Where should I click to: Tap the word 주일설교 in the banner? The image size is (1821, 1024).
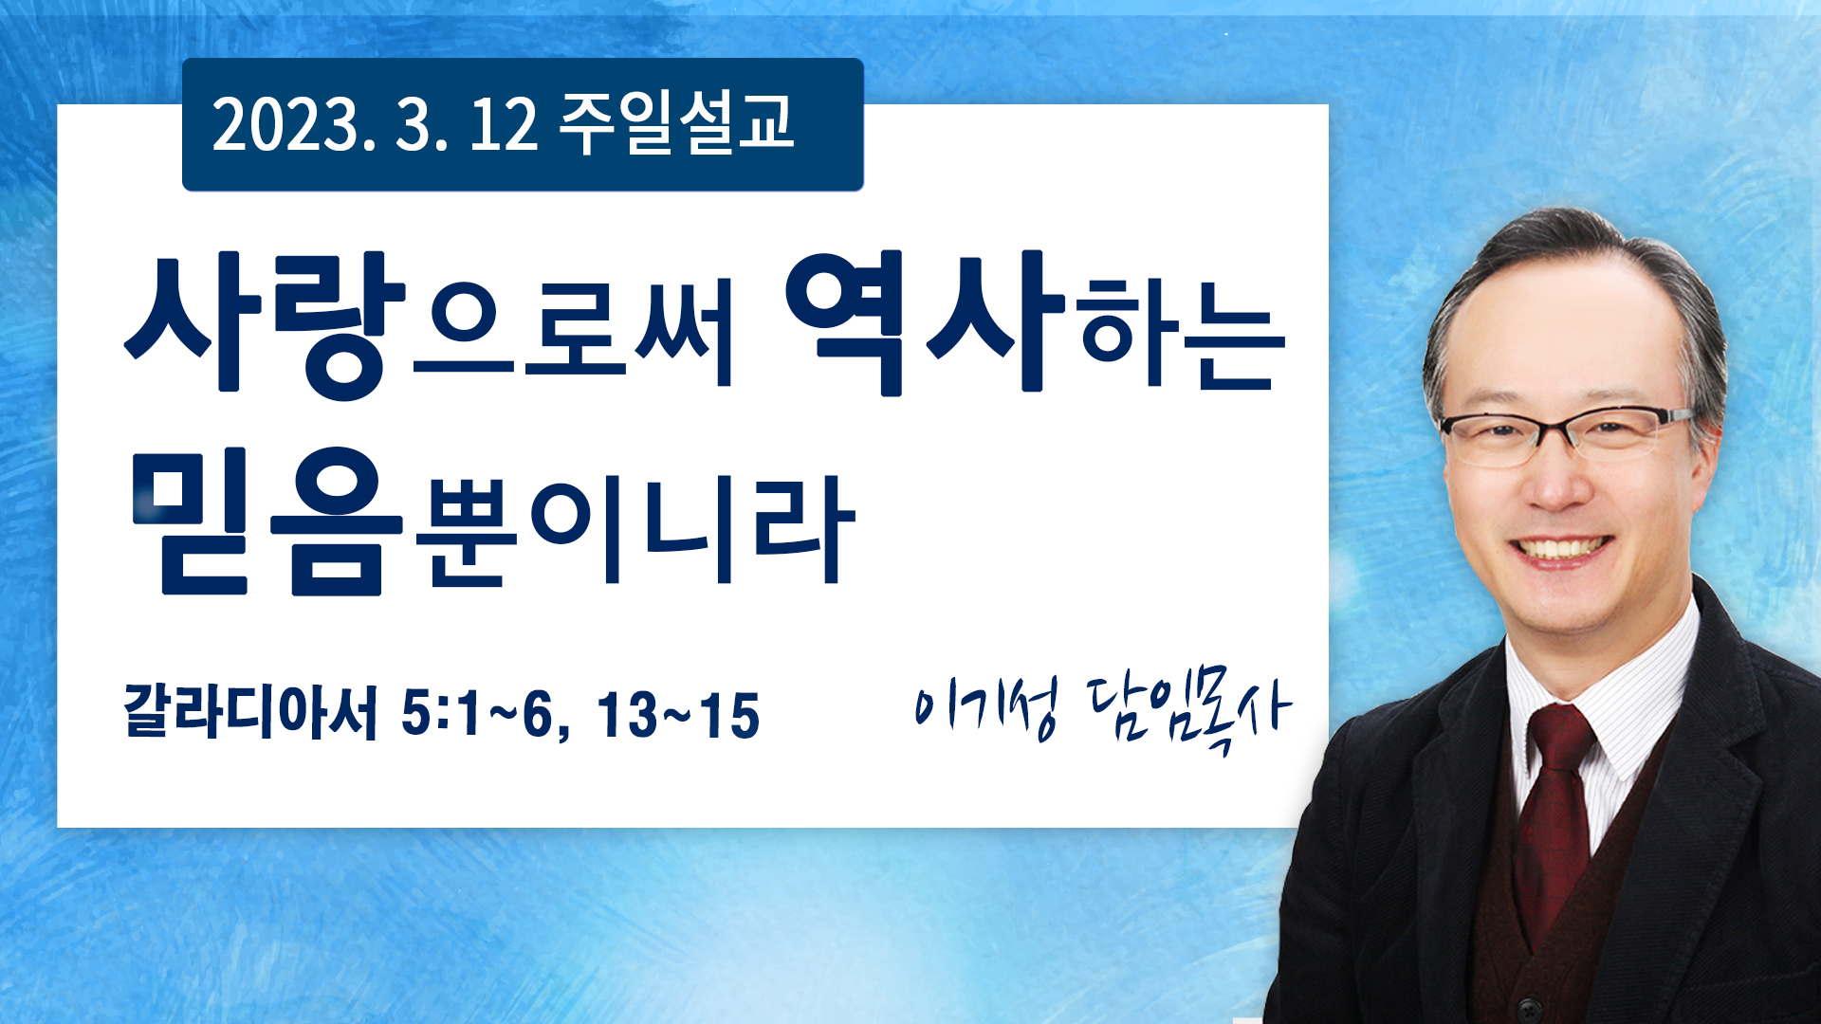coord(676,123)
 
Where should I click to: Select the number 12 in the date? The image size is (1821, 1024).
coord(503,125)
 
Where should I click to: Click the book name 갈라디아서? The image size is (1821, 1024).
coord(250,711)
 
